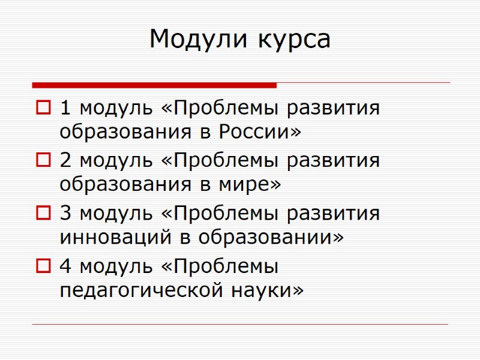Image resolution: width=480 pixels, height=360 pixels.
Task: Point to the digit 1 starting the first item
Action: [65, 109]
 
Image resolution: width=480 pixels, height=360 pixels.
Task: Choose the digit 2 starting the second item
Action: [65, 161]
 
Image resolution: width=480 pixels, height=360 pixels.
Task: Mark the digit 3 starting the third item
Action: [65, 213]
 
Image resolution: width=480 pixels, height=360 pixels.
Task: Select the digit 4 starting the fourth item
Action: [65, 265]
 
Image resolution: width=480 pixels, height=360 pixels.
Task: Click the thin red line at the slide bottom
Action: [240, 325]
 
